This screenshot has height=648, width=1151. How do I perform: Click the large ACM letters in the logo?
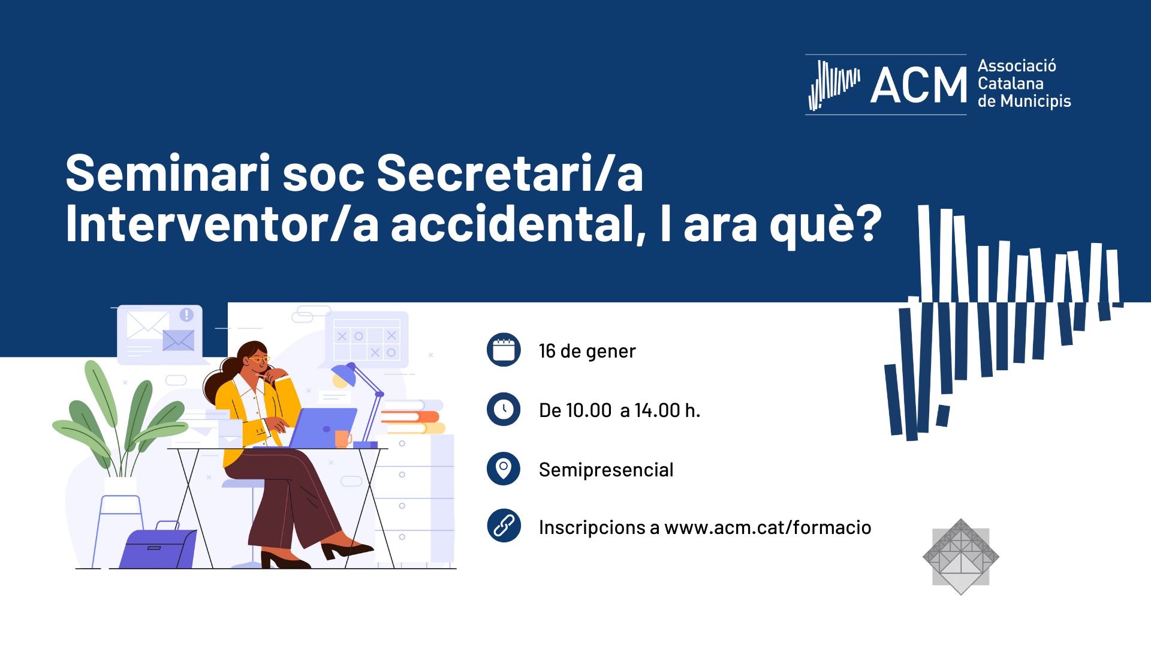pyautogui.click(x=918, y=85)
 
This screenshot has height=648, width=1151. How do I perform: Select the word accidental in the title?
pyautogui.click(x=518, y=223)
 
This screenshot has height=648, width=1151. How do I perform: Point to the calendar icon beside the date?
pyautogui.click(x=504, y=350)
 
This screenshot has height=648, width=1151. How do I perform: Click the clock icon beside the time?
pyautogui.click(x=504, y=409)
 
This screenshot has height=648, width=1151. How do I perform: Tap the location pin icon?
pyautogui.click(x=504, y=468)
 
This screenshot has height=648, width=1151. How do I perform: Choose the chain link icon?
pyautogui.click(x=504, y=526)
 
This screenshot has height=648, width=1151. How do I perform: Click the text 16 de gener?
pyautogui.click(x=587, y=351)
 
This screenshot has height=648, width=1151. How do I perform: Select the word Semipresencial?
pyautogui.click(x=606, y=470)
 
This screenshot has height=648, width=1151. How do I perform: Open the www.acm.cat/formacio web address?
pyautogui.click(x=768, y=527)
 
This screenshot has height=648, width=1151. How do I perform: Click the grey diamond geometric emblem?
pyautogui.click(x=961, y=557)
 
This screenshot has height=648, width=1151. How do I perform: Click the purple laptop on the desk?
pyautogui.click(x=324, y=427)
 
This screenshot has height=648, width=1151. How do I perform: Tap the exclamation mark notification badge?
pyautogui.click(x=186, y=314)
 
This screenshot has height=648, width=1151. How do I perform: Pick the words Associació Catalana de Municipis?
pyautogui.click(x=1024, y=83)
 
